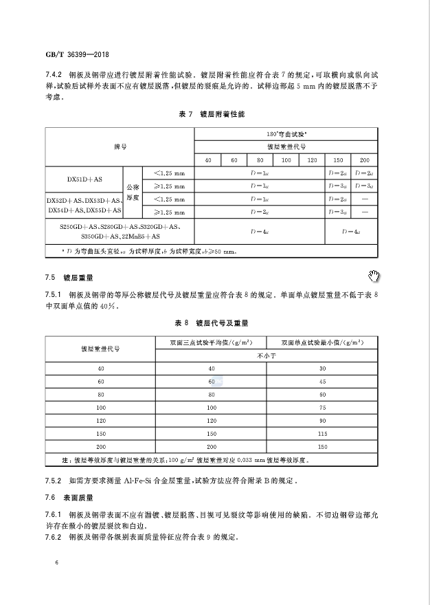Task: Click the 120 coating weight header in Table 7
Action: (312, 159)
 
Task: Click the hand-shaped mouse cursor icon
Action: (374, 276)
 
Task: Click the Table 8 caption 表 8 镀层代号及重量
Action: (216, 322)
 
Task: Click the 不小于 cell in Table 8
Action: (265, 355)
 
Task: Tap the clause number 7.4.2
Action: (54, 73)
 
